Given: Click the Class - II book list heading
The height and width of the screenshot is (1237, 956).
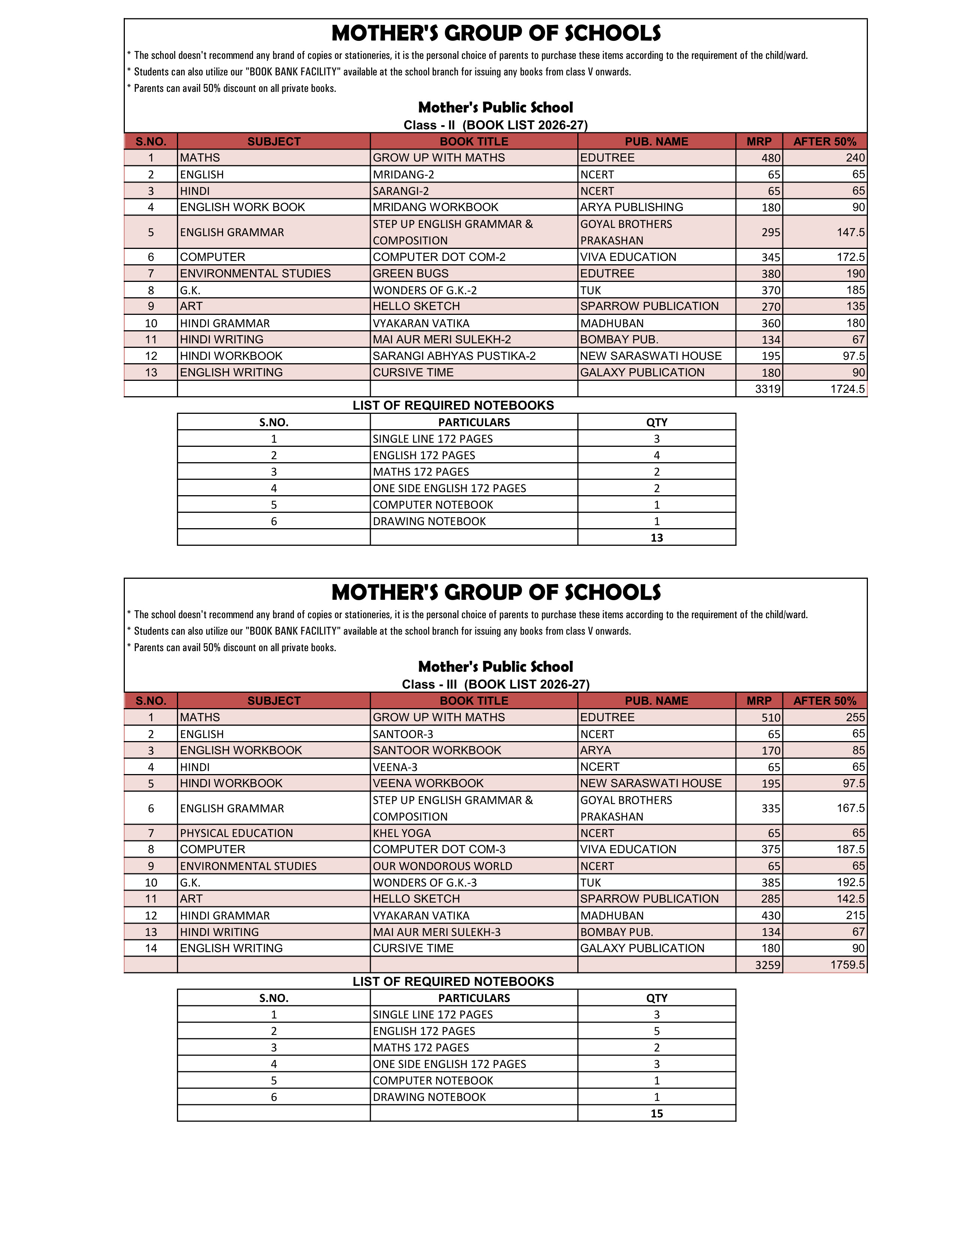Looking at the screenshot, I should pyautogui.click(x=496, y=125).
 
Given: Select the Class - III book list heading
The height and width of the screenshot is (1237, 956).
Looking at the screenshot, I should pyautogui.click(x=496, y=684).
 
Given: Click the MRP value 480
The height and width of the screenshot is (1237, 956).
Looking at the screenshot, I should pyautogui.click(x=771, y=158).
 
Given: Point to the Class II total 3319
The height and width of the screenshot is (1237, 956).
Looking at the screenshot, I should pyautogui.click(x=767, y=389).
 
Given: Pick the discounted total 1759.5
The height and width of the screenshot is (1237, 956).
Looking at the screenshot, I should pyautogui.click(x=847, y=964).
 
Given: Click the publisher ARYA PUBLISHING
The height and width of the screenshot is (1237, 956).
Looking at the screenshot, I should pyautogui.click(x=631, y=207).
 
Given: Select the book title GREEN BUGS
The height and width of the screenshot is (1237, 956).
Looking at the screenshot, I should pyautogui.click(x=411, y=274).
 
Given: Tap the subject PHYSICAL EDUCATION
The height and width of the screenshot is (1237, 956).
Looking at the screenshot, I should pyautogui.click(x=236, y=833).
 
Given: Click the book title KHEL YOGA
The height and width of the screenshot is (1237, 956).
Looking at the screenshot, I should pyautogui.click(x=402, y=833).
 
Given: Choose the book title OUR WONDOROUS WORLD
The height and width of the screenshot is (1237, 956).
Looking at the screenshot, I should pyautogui.click(x=442, y=866).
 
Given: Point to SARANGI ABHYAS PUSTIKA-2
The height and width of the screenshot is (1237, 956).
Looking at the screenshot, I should pyautogui.click(x=454, y=356).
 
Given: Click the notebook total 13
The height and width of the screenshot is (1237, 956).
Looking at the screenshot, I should pyautogui.click(x=656, y=538).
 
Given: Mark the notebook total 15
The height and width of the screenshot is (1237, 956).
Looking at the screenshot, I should pyautogui.click(x=656, y=1114).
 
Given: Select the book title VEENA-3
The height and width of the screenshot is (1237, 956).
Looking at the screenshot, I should pyautogui.click(x=395, y=767).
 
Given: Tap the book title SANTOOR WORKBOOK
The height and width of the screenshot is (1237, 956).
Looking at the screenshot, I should pyautogui.click(x=437, y=750).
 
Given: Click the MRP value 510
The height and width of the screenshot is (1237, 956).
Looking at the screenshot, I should pyautogui.click(x=771, y=717).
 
